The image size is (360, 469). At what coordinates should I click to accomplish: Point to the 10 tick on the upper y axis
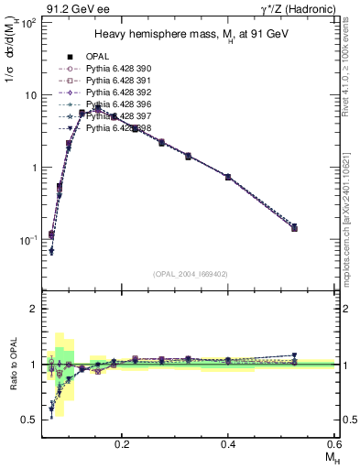[x=31, y=94]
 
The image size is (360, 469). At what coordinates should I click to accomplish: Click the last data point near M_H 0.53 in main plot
[x=294, y=227]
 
